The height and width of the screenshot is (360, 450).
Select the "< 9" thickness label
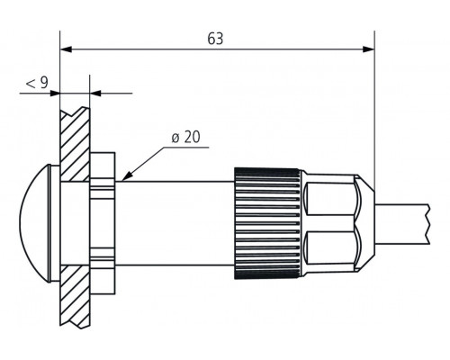point(36,83)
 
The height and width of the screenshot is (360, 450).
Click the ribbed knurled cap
point(266,220)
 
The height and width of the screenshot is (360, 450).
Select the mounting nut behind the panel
point(103,220)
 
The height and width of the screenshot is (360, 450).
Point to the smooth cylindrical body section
point(175,220)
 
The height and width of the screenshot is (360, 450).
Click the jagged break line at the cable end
point(424,220)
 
